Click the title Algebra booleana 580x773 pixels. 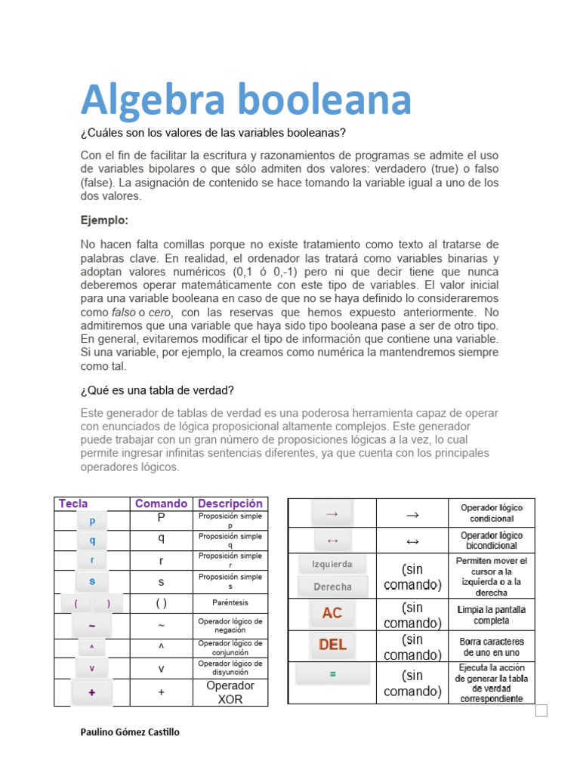coord(246,100)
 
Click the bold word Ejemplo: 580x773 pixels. coord(105,220)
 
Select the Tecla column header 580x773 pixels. coord(73,504)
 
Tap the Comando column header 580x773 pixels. coord(161,504)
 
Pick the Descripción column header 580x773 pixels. coord(230,504)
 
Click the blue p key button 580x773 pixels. coord(92,521)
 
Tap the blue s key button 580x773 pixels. coord(92,581)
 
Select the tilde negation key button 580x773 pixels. coord(92,626)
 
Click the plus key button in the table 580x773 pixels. coord(92,691)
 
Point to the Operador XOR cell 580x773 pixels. coord(230,692)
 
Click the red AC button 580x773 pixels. coord(332,614)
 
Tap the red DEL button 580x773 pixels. coord(332,645)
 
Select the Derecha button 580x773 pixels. coord(332,587)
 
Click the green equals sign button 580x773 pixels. coord(332,673)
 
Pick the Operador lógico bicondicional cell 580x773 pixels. coord(492,540)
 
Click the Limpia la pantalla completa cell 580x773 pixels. coord(492,614)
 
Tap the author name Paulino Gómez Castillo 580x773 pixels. coord(130,732)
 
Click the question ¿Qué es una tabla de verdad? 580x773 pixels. coord(157,390)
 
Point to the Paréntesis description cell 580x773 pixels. coord(230,603)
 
